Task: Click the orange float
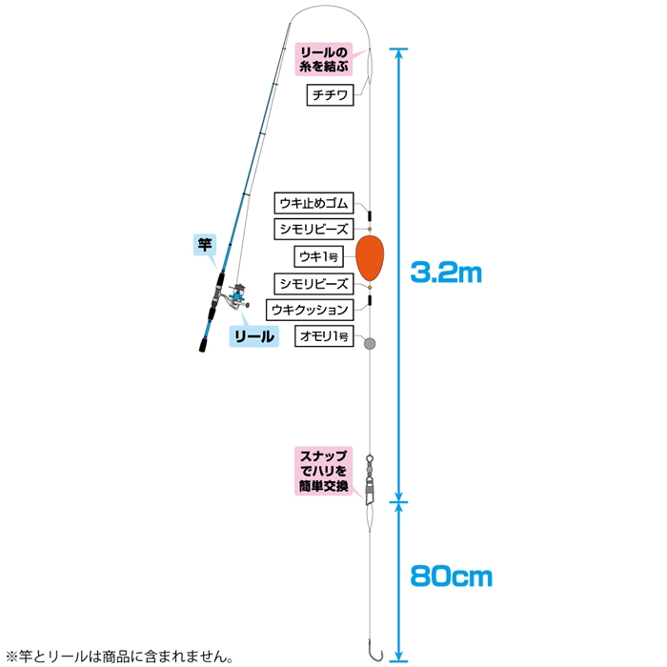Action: [370, 258]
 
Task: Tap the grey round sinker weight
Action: [370, 343]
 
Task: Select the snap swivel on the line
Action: [370, 479]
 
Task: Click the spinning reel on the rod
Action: [237, 295]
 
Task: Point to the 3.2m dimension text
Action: [446, 273]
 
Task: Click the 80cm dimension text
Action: [451, 576]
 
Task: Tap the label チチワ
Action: [330, 95]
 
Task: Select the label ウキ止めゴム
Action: [313, 203]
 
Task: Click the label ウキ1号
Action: [318, 256]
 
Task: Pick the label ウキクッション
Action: [310, 310]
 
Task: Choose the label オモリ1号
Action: [324, 336]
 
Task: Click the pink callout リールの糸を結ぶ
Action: [324, 59]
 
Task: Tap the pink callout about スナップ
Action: [324, 471]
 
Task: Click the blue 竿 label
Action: [205, 245]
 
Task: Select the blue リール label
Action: [254, 336]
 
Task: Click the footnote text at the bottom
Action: [119, 657]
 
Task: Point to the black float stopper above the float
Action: [370, 215]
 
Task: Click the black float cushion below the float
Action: [370, 300]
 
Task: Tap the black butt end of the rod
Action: [204, 345]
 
